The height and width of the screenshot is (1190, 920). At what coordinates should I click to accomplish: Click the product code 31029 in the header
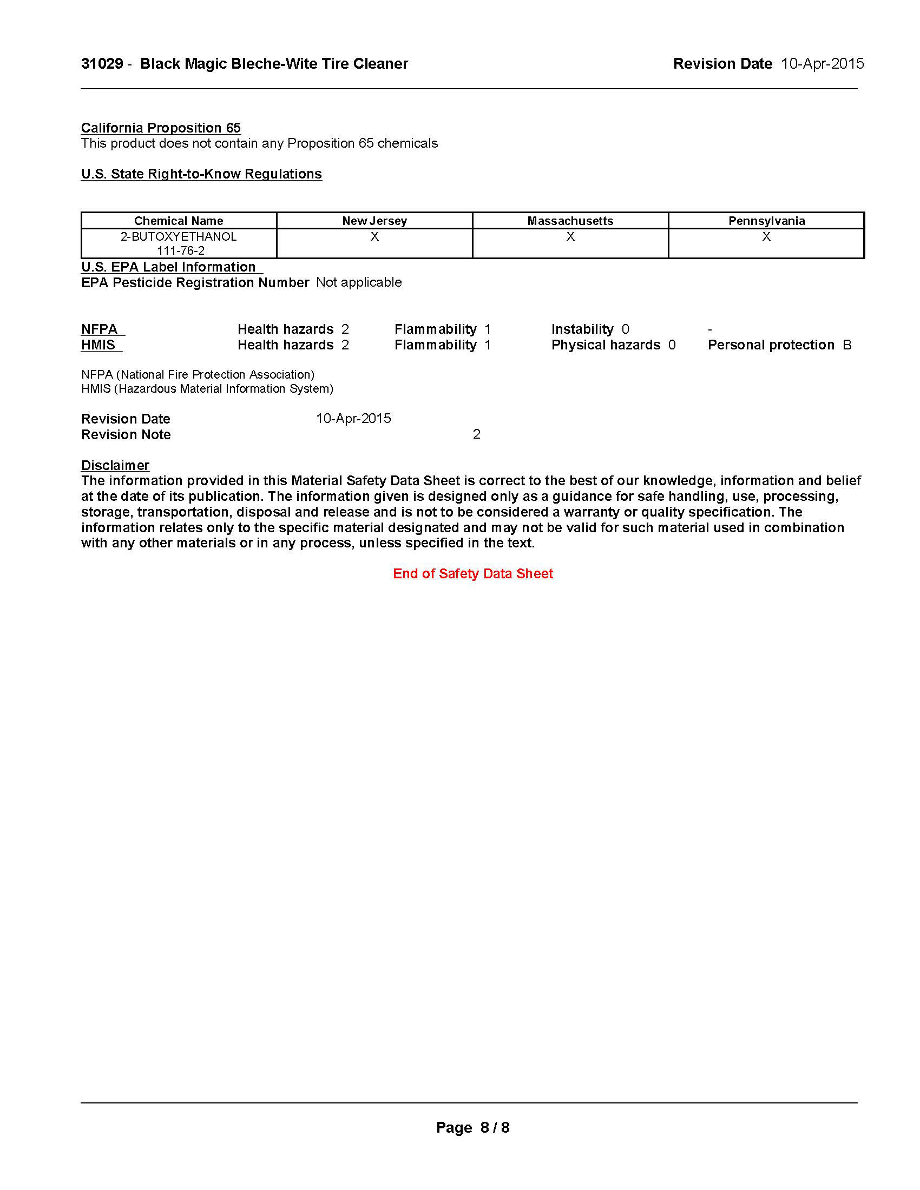point(102,64)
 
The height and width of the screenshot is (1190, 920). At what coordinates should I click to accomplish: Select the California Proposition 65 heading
point(161,128)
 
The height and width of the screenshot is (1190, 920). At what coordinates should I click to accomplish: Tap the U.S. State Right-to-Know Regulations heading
point(202,174)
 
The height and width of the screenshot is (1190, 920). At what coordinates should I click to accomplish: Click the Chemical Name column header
point(179,221)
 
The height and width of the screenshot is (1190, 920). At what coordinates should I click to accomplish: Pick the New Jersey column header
point(374,221)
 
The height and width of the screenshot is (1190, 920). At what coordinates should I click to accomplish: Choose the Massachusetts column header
point(570,221)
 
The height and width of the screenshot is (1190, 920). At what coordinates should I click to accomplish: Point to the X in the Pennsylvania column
point(766,236)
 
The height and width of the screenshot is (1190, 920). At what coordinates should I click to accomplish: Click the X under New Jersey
point(374,236)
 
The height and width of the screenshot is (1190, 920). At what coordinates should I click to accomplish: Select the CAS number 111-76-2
point(181,250)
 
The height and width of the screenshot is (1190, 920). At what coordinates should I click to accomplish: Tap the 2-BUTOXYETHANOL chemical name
point(179,236)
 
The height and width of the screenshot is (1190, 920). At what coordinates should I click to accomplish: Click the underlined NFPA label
point(100,329)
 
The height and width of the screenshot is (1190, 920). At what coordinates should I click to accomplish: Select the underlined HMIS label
point(98,345)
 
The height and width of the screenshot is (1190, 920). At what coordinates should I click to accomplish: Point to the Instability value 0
point(625,329)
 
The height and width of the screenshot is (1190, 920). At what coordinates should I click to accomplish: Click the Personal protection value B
point(847,345)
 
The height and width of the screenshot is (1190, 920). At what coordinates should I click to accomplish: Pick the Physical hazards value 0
point(672,345)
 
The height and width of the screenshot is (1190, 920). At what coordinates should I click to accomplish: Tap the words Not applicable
point(359,282)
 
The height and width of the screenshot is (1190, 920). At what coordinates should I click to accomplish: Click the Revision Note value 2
point(476,434)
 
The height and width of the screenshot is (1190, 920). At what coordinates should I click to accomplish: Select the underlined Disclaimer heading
point(115,465)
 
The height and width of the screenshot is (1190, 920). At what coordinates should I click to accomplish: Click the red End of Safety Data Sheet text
point(472,573)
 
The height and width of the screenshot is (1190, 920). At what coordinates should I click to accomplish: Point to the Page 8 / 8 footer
point(472,1127)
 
